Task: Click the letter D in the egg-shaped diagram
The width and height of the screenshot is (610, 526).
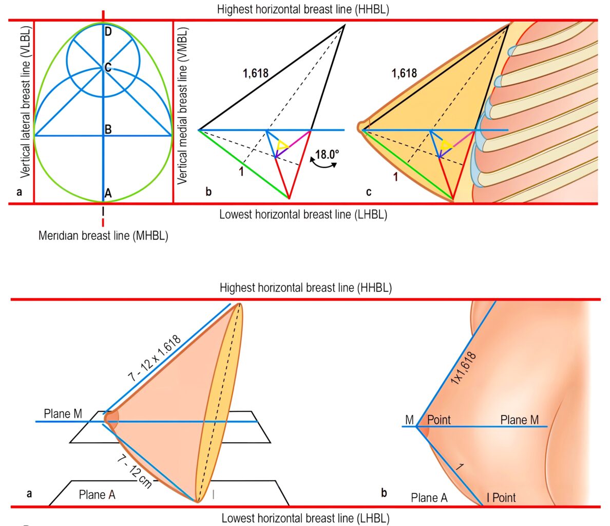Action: pos(108,31)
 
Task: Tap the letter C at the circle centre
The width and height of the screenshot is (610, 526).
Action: pos(108,67)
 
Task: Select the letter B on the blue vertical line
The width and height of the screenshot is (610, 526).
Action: pos(108,129)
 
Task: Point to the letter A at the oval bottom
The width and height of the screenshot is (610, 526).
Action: pos(108,193)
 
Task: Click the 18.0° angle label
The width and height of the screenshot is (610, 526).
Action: pos(327,155)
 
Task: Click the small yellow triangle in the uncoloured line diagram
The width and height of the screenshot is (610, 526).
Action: pos(282,146)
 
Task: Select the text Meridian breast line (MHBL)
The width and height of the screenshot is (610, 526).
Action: pos(103,236)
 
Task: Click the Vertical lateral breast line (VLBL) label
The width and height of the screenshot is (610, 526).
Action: pos(26,102)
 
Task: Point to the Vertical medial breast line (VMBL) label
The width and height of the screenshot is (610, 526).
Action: pos(182,105)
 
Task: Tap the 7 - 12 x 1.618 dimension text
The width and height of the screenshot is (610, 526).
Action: pos(155,358)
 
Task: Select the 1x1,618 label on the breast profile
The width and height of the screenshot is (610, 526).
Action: pos(463,368)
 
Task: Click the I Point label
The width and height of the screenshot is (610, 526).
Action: pos(502,498)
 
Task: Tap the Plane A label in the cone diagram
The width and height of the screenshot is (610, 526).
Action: pos(97,495)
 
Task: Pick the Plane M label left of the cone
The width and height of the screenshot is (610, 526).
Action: pos(63,414)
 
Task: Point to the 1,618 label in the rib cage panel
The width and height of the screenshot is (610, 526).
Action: pos(404,73)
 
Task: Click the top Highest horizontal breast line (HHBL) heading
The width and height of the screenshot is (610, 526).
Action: pos(303,9)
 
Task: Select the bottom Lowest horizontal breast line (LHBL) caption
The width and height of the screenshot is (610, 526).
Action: pos(306,518)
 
